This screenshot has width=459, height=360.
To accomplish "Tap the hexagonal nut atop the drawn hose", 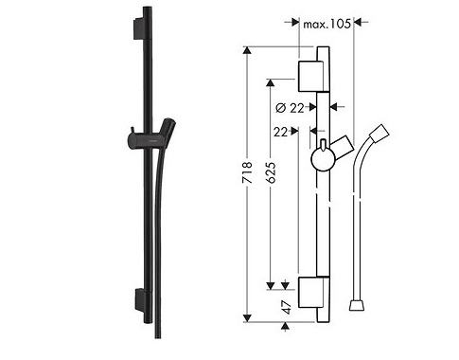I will (381, 129).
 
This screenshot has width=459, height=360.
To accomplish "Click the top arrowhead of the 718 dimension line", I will (247, 49).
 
